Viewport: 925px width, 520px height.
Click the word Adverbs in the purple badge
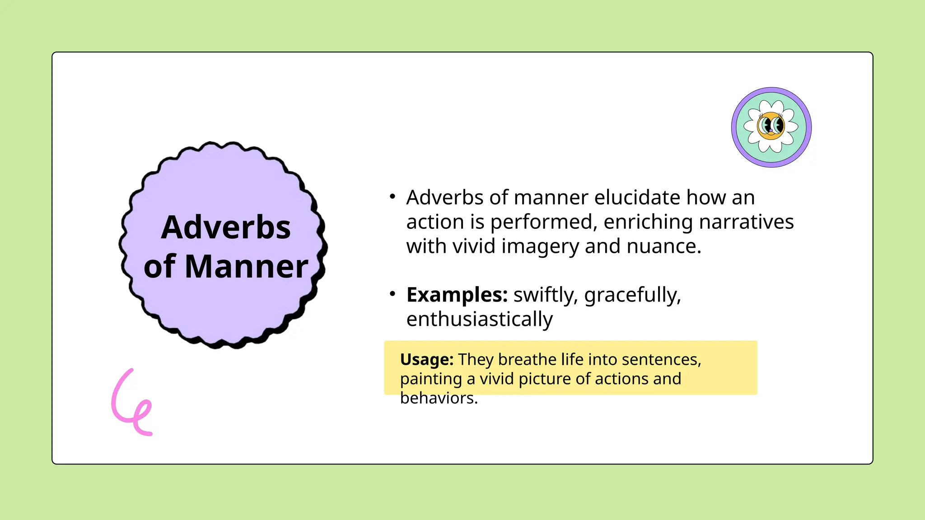(225, 227)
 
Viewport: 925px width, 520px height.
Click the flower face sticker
(771, 127)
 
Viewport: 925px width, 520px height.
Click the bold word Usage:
(426, 359)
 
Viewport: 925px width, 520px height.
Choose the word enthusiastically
(479, 319)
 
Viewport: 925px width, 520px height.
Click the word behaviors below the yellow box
(439, 398)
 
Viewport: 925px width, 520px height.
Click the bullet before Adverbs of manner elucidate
(392, 196)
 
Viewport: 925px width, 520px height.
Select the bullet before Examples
(392, 294)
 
